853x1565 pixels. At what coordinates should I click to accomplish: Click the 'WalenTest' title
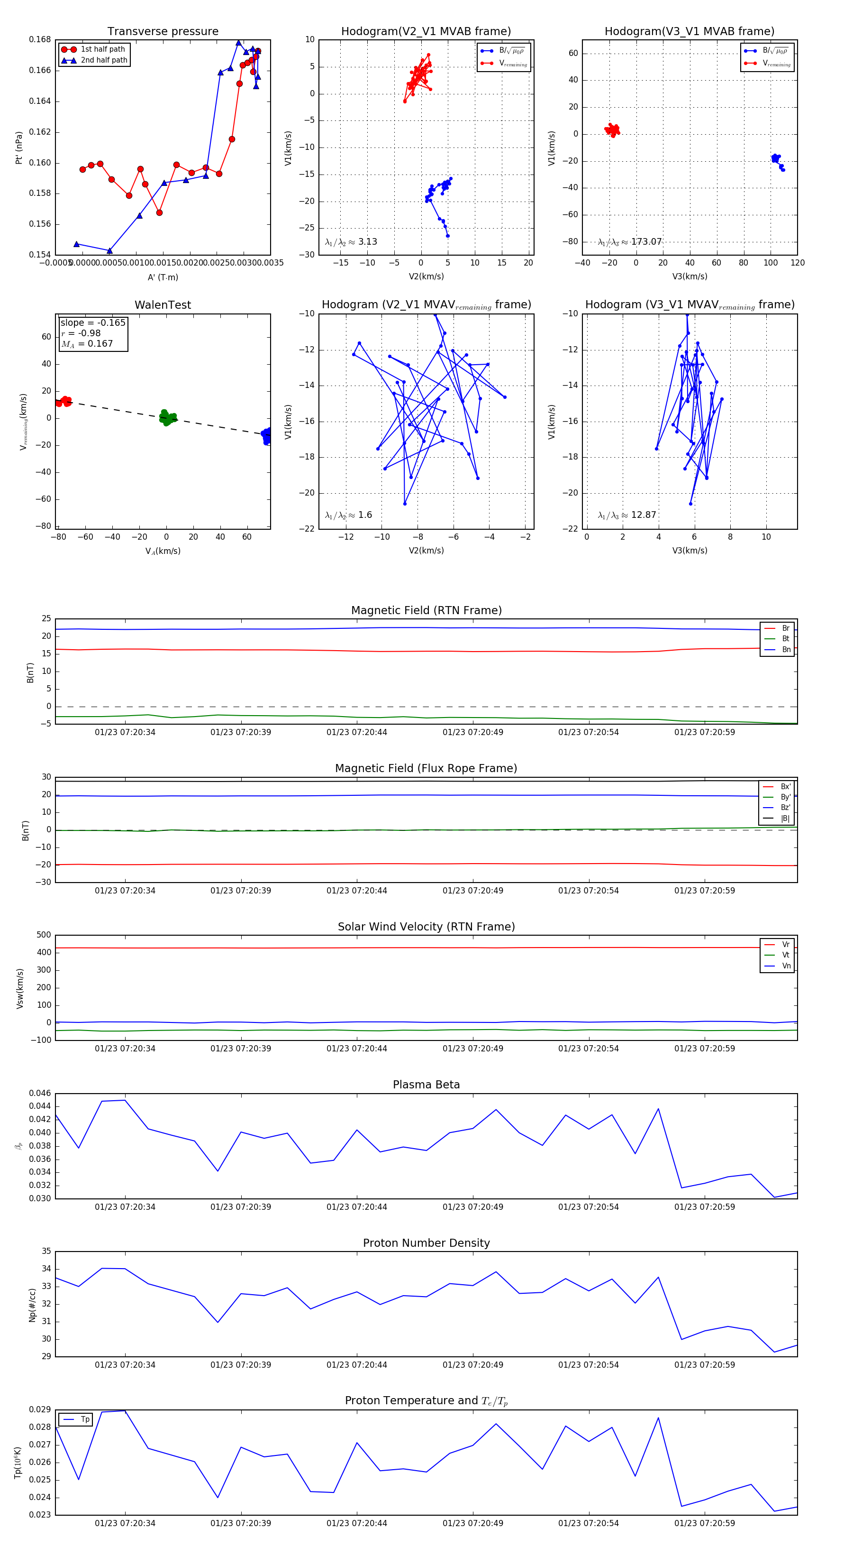click(x=163, y=305)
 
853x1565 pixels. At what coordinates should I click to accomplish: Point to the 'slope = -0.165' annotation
click(x=93, y=322)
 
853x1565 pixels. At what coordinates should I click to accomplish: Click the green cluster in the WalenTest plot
click(x=167, y=417)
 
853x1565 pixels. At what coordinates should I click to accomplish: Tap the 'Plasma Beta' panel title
click(x=426, y=1085)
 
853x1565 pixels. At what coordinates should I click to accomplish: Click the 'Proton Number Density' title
click(x=426, y=1243)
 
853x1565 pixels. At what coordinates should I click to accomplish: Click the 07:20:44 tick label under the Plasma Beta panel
click(x=356, y=1207)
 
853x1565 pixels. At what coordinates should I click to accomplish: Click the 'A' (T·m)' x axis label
click(x=163, y=277)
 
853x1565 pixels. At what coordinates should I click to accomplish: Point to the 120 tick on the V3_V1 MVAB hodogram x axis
click(x=798, y=263)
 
